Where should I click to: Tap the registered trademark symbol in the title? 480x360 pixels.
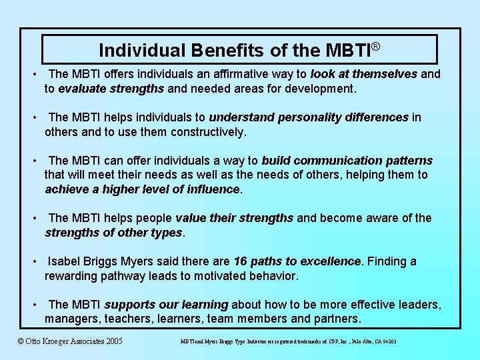376,46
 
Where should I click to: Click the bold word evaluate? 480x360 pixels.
82,88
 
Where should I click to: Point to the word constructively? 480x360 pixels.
208,131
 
